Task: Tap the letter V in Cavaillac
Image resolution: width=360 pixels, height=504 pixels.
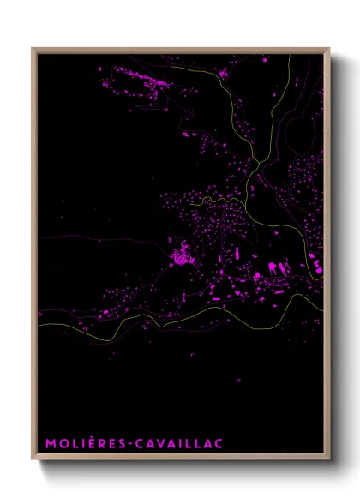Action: pyautogui.click(x=158, y=443)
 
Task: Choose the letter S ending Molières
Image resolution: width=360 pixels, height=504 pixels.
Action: pyautogui.click(x=119, y=443)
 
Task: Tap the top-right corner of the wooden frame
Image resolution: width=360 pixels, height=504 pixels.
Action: pyautogui.click(x=328, y=49)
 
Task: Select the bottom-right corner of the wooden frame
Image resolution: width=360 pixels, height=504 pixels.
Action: pyautogui.click(x=328, y=459)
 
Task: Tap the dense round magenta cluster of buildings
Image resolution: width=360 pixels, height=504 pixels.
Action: pyautogui.click(x=182, y=255)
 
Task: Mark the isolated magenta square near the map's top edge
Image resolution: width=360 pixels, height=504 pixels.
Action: pyautogui.click(x=265, y=60)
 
